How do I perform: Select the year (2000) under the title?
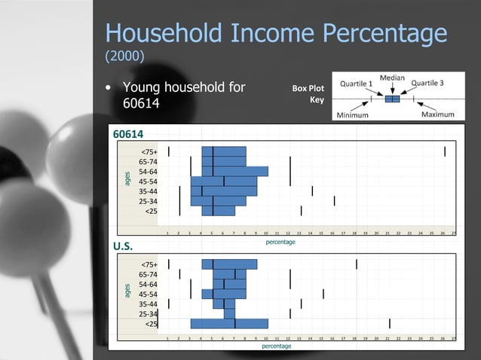point(124,57)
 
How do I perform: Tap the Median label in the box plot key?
point(392,78)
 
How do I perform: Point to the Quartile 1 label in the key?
point(357,84)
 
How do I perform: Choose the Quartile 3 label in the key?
point(427,84)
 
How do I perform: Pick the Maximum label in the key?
point(437,114)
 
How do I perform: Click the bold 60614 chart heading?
point(128,134)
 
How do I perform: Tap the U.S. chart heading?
point(122,246)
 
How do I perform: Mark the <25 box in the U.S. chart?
point(229,323)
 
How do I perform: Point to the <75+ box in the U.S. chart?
point(229,264)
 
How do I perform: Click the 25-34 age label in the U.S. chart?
point(147,313)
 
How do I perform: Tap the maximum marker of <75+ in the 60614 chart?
point(445,151)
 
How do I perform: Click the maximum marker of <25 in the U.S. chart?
point(389,323)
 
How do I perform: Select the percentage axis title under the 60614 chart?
point(280,243)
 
